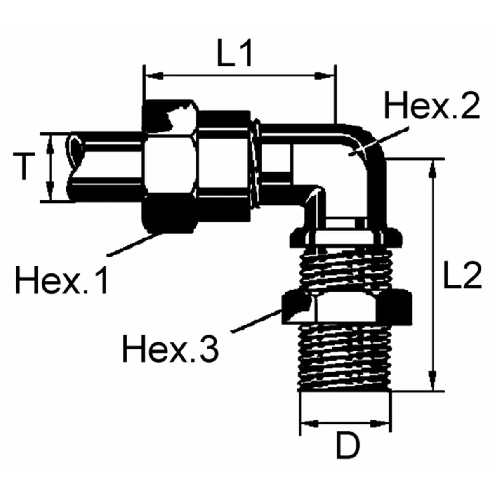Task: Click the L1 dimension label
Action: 234,54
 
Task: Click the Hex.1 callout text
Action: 62,280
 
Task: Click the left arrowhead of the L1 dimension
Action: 153,76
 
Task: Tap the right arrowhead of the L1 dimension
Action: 326,76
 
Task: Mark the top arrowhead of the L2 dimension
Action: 432,168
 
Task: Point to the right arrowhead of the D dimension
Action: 379,424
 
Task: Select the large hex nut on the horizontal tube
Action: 169,167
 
